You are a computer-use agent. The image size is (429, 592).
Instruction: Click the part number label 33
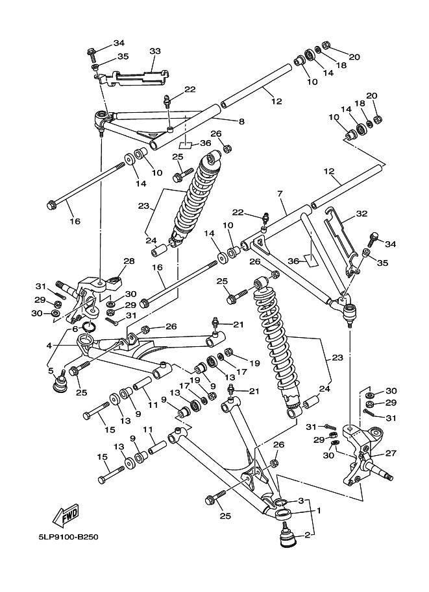[x=154, y=51]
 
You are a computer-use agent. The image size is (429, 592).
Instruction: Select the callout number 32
[x=361, y=212]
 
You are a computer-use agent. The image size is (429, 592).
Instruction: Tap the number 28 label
[x=129, y=261]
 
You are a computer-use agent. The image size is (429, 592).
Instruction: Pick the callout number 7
[x=281, y=194]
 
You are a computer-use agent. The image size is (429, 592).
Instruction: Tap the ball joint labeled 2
[x=285, y=538]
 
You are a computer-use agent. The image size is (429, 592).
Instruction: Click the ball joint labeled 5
[x=60, y=382]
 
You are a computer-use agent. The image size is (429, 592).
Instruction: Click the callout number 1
[x=318, y=510]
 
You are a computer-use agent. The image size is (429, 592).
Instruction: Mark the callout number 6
[x=75, y=329]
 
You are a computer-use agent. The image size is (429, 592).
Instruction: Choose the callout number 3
[x=301, y=501]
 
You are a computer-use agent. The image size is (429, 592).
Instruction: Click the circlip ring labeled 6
[x=90, y=327]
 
